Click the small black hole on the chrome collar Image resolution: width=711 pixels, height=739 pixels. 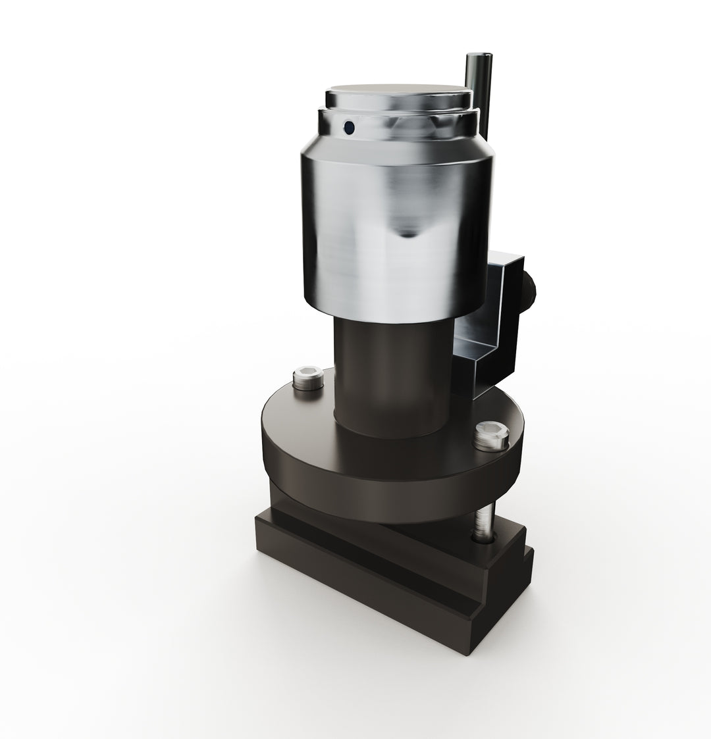[x=349, y=126]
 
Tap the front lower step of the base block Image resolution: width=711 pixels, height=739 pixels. [x=369, y=592]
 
